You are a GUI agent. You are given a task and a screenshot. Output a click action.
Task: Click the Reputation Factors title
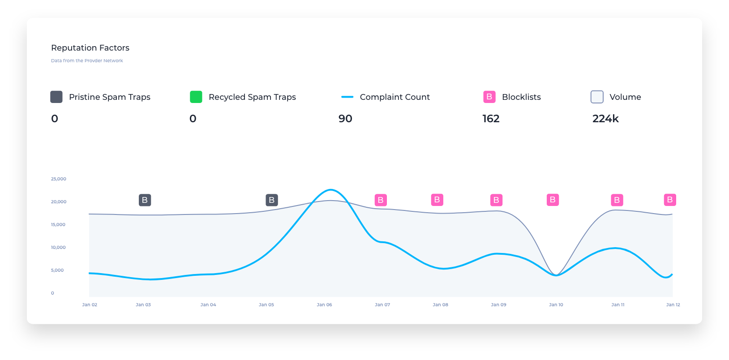tap(90, 48)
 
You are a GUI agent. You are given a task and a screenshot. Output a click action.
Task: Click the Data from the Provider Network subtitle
tap(87, 61)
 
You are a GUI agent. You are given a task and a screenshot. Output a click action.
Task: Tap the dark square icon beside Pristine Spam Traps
tap(56, 97)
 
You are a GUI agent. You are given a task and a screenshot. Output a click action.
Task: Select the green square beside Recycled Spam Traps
tap(196, 97)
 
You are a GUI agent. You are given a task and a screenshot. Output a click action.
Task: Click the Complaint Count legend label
tap(395, 97)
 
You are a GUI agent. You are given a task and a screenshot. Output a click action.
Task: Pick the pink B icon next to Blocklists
tap(489, 97)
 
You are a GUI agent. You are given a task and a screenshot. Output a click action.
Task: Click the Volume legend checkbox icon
tap(597, 97)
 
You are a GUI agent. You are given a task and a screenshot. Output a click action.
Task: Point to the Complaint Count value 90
tap(345, 119)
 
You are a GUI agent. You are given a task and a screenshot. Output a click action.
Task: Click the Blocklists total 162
tap(491, 119)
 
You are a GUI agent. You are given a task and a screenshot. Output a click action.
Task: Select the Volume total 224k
tap(605, 119)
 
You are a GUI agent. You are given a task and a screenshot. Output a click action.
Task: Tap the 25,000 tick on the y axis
tap(59, 179)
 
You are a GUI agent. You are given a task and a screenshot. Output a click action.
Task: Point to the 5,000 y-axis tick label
tap(57, 270)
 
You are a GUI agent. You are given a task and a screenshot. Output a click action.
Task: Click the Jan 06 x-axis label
tap(324, 305)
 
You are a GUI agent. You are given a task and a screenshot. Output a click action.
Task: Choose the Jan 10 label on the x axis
tap(556, 305)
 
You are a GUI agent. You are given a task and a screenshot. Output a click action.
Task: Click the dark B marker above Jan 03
tap(145, 200)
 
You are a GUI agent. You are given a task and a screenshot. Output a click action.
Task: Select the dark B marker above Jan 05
tap(272, 200)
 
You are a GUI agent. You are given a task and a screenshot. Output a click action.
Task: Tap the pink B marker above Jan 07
tap(381, 200)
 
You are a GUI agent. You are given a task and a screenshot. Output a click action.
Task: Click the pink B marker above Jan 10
tap(553, 200)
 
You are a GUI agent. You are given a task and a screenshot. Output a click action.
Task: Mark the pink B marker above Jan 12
tap(670, 200)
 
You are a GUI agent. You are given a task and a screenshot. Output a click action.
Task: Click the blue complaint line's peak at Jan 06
tap(330, 190)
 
